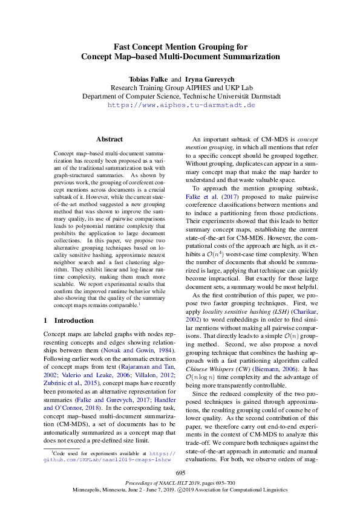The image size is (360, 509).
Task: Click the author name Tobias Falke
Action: point(148,79)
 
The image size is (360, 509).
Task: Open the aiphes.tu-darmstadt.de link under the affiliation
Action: point(181,105)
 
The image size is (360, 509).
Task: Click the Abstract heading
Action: point(109,139)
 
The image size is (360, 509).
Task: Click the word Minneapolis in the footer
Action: point(90,491)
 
